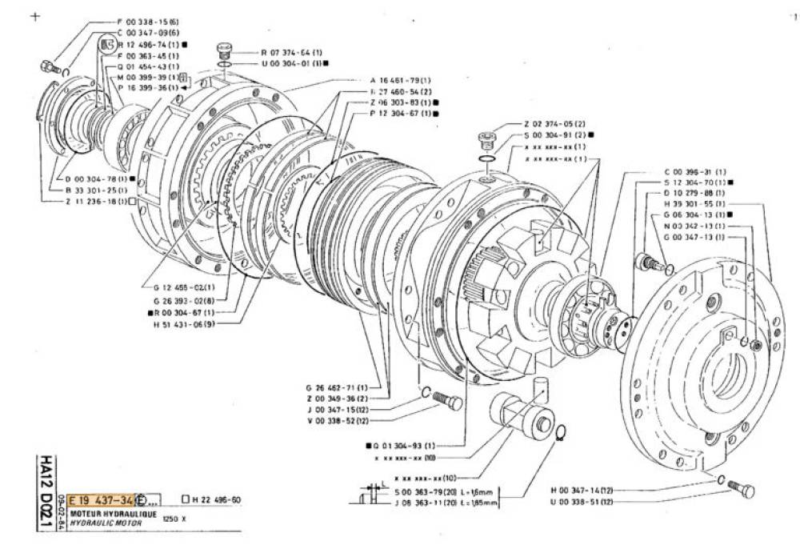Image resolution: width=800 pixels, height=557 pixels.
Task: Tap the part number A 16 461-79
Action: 402,81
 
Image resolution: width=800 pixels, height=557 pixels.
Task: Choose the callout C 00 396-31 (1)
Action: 695,172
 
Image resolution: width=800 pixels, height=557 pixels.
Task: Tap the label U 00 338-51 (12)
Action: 582,501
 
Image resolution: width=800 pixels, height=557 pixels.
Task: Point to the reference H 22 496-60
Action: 215,499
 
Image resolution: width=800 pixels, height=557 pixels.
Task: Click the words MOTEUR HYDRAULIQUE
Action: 113,513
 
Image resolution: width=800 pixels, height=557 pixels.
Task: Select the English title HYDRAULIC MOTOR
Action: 106,522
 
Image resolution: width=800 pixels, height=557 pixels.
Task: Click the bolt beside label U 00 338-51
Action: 742,488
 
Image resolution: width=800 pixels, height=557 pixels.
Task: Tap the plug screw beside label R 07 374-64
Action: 225,50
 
